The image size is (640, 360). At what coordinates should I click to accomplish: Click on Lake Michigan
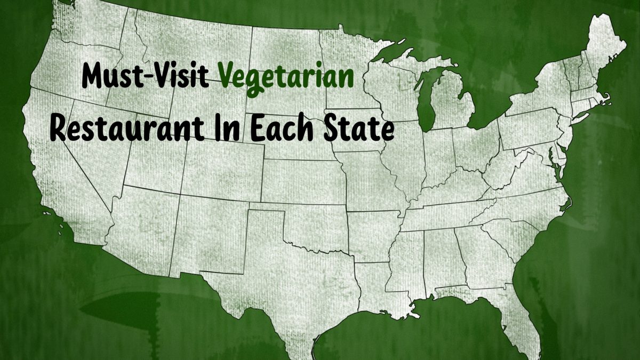[x=427, y=101]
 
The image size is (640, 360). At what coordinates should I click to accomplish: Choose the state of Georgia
[x=475, y=256]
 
